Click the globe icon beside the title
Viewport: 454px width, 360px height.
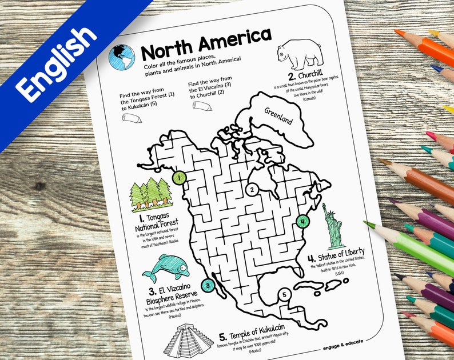pos(122,57)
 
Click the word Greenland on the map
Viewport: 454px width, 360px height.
pos(278,116)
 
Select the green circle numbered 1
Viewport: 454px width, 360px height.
pos(179,178)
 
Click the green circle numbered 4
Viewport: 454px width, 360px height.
pos(303,221)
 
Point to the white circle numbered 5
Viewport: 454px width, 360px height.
pos(284,295)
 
